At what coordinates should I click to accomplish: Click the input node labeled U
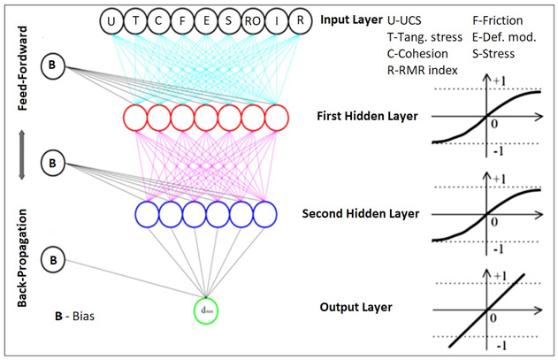[x=111, y=20]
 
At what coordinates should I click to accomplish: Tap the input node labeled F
[x=181, y=20]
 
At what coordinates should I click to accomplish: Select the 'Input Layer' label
[x=349, y=19]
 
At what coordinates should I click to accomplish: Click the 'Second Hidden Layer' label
[x=360, y=213]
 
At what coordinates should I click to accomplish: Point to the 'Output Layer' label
[x=356, y=307]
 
